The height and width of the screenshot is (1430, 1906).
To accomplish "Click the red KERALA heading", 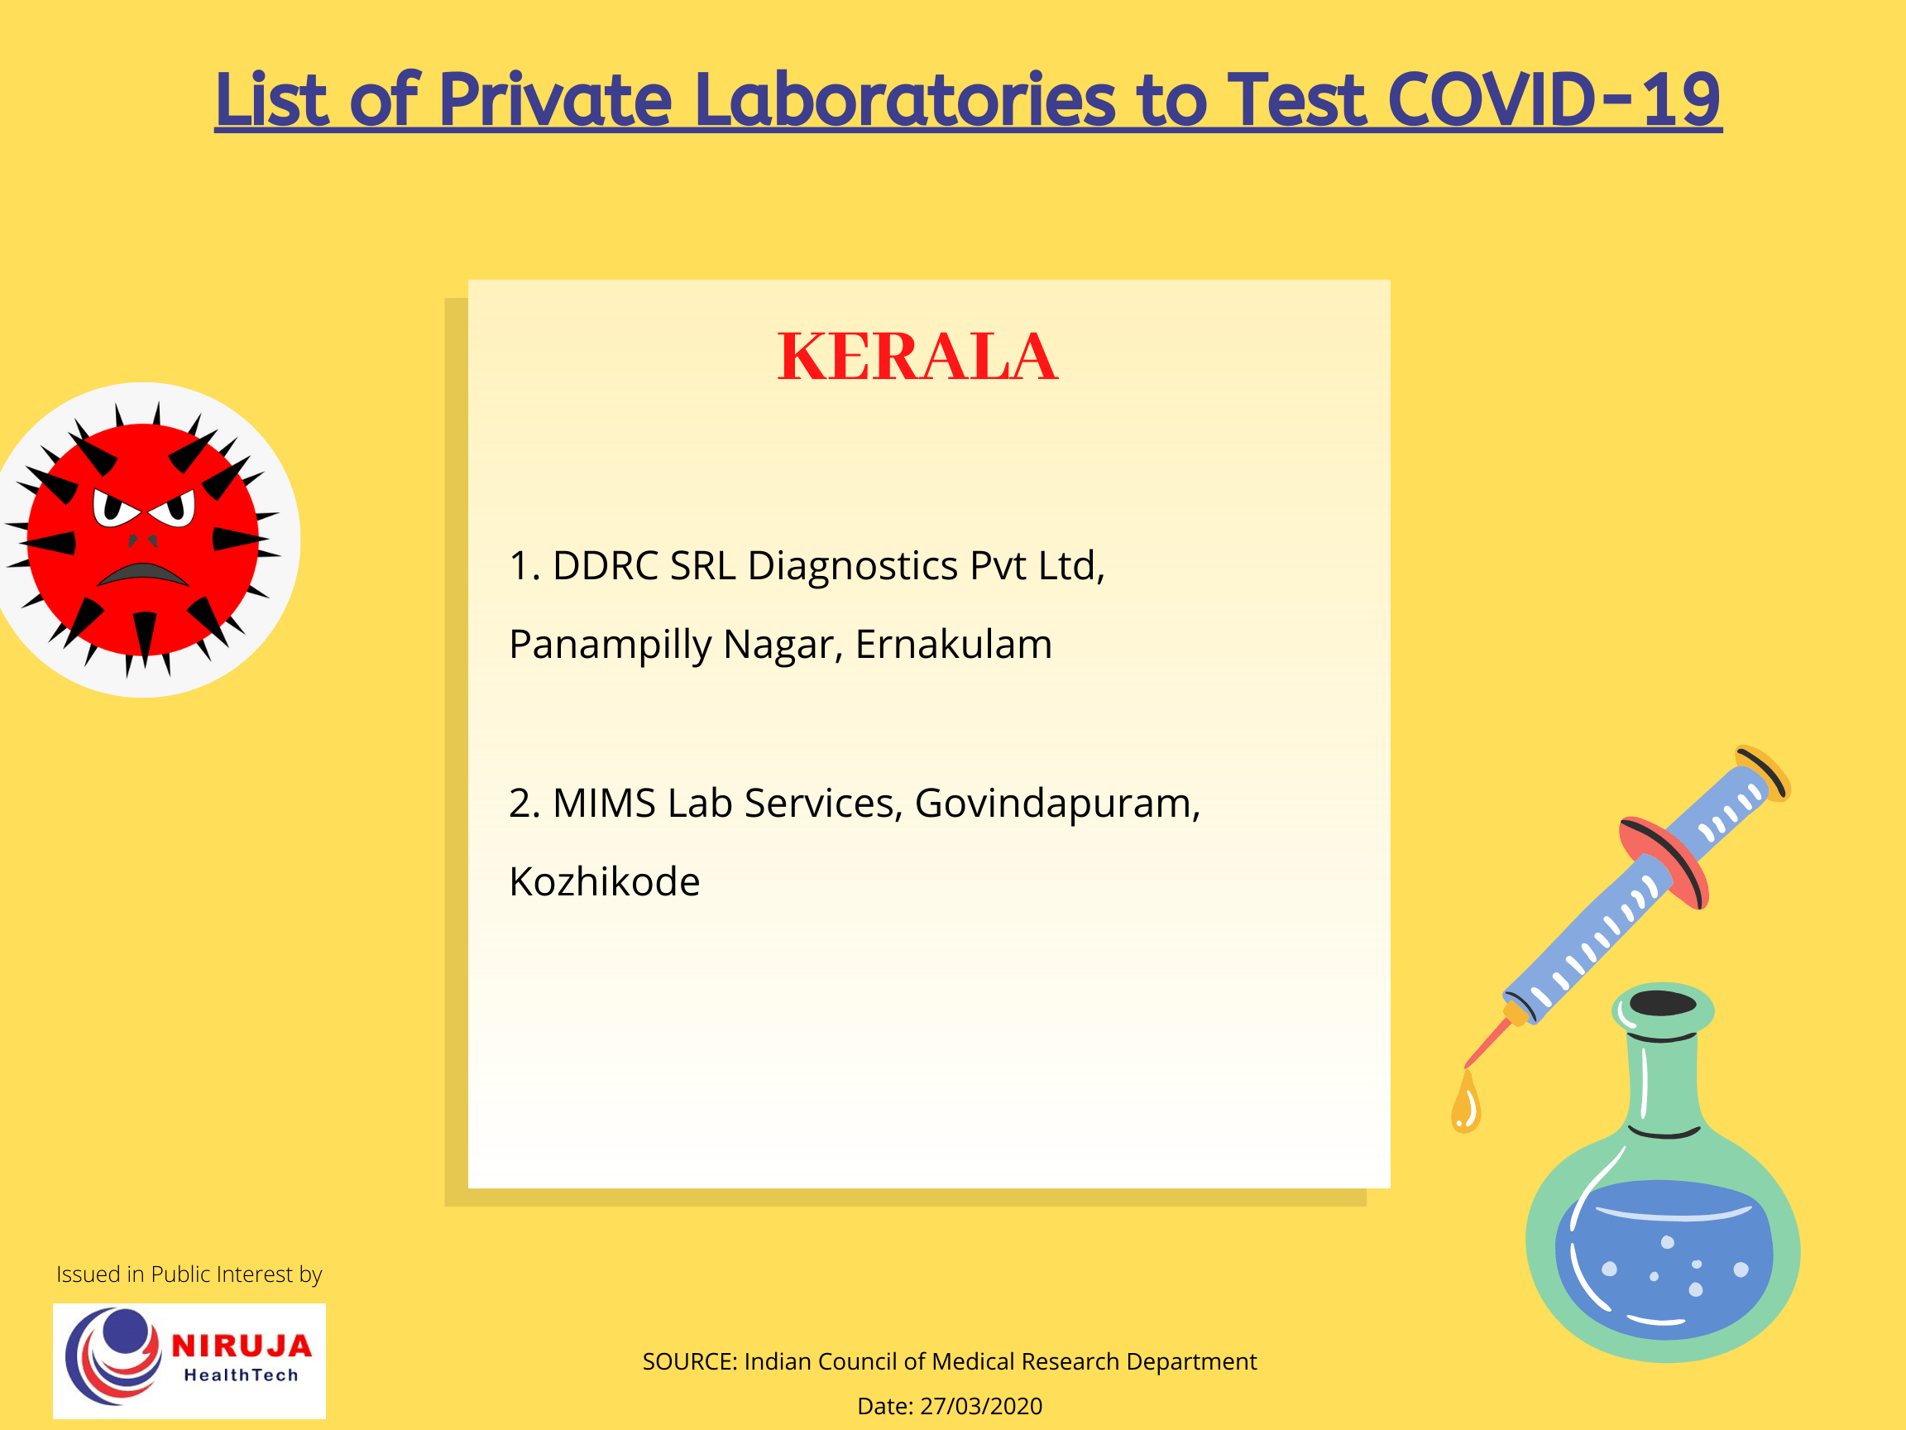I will coord(917,357).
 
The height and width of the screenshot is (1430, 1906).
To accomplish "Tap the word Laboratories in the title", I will coord(904,100).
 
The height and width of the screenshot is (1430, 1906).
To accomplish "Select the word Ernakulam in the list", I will coord(953,645).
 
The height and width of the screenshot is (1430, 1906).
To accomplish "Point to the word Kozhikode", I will coord(604,882).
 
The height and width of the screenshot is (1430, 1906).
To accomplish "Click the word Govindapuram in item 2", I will coord(1056,804).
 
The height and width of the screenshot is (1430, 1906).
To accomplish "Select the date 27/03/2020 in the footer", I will coord(980,1406).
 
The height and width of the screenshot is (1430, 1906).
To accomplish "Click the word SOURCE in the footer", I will coord(688,1362).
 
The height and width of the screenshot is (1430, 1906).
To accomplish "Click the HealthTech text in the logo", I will coord(242,1375).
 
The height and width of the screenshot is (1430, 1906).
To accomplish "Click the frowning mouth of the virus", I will coord(142,575).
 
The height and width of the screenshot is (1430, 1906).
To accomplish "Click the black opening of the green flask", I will coord(1663,1003).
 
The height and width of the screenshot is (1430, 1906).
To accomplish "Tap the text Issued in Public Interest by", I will coord(189,1274).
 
